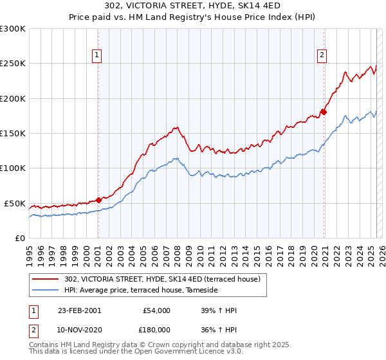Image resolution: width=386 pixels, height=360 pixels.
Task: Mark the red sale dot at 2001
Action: coord(98,200)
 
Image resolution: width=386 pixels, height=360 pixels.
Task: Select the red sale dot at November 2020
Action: coord(324,112)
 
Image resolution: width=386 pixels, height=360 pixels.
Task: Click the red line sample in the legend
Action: coord(46,279)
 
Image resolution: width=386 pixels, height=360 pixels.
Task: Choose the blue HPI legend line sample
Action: coord(46,291)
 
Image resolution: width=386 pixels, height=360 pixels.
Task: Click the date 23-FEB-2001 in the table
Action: coord(79,310)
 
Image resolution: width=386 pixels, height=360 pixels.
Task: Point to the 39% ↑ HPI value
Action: coord(219,310)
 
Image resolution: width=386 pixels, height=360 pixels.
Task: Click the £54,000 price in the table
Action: coord(156,310)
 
